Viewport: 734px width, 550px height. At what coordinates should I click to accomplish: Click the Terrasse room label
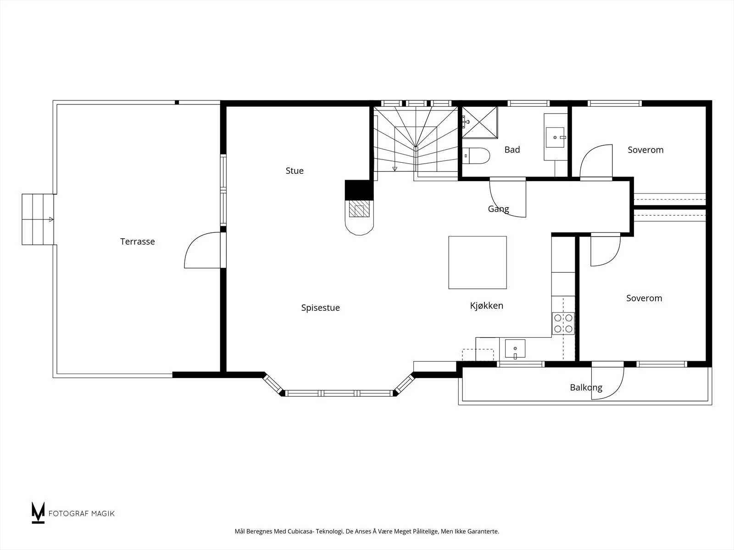[138, 242]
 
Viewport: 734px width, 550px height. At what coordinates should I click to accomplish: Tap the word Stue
[295, 170]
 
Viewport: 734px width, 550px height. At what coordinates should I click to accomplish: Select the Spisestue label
[320, 308]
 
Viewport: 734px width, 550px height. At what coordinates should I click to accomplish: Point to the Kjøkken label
[487, 306]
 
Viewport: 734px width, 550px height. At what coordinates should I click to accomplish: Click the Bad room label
[512, 149]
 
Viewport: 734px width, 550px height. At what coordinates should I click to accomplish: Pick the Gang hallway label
[498, 209]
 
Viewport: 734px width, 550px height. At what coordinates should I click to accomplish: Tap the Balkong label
[586, 387]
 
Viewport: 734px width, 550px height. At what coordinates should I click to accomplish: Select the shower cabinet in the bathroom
[480, 122]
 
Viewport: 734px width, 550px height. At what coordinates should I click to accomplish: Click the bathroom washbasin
[555, 137]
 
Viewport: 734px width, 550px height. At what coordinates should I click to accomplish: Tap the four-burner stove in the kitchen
[563, 323]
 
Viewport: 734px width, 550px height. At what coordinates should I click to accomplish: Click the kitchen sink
[515, 349]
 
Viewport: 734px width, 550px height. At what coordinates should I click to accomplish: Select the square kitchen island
[478, 263]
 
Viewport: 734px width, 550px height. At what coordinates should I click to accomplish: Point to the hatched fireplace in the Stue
[359, 209]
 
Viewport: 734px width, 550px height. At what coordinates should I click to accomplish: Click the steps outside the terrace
[38, 220]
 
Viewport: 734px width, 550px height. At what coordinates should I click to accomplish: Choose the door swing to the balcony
[607, 383]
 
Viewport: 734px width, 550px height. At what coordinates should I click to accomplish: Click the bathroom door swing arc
[508, 199]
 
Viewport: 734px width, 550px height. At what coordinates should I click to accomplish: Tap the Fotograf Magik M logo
[38, 512]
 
